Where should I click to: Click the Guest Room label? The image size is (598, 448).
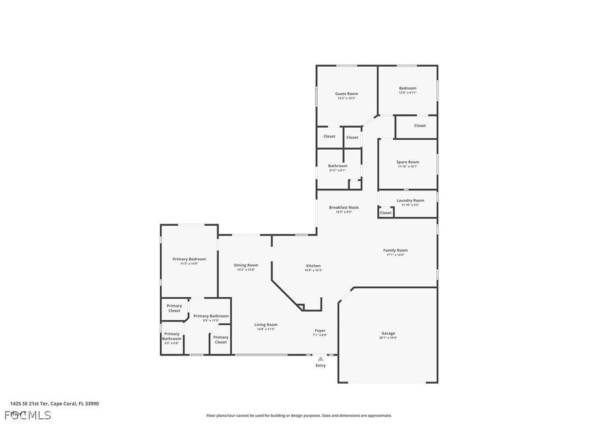click(346, 94)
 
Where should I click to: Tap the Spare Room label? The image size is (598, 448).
click(407, 162)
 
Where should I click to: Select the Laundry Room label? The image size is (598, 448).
click(410, 200)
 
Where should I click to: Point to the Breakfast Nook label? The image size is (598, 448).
click(344, 207)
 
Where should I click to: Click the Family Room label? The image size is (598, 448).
click(395, 250)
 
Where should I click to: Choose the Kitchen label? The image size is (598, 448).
click(313, 266)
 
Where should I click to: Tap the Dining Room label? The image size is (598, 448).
click(246, 265)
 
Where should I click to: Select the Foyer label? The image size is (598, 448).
click(320, 331)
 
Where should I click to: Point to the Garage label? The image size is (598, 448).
click(388, 333)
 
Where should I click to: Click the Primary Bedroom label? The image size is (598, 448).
click(189, 259)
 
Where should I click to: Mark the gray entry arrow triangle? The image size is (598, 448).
click(320, 359)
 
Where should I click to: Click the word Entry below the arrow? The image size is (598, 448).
click(320, 365)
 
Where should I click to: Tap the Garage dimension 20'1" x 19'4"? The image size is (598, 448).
click(388, 338)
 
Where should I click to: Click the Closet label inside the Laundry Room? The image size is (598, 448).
click(386, 212)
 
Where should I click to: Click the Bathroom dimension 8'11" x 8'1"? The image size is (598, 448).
click(338, 171)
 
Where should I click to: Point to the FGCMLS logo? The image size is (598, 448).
click(28, 415)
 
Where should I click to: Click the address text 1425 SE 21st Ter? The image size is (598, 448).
click(30, 403)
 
